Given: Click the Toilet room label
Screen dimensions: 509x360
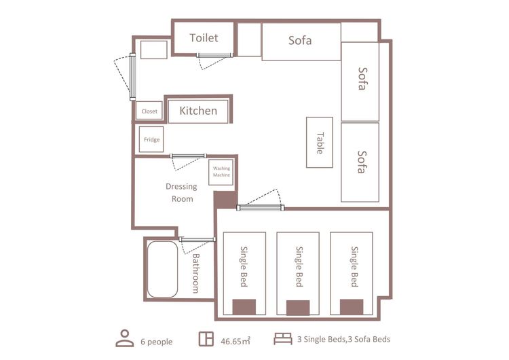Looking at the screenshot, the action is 204,38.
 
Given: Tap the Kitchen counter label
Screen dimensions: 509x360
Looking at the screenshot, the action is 198,111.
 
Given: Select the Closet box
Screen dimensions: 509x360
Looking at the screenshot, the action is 149,111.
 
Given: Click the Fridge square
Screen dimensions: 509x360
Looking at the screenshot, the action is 151,139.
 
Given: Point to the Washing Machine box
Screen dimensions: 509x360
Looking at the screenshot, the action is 221,173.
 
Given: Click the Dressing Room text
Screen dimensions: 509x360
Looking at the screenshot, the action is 182,193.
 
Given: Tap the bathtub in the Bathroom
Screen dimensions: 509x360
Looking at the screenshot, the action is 162,269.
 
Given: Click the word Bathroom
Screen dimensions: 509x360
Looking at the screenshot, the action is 195,273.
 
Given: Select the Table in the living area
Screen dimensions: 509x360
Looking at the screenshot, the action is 320,143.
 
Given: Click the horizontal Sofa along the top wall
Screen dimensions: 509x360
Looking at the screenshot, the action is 301,41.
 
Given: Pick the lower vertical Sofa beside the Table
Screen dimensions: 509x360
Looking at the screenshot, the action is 360,162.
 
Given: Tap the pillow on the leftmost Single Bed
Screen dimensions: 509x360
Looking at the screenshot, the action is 244,307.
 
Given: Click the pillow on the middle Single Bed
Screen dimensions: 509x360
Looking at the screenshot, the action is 298,308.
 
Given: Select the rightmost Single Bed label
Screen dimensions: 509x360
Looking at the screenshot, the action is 354,267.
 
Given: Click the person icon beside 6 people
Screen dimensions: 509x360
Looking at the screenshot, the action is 125,338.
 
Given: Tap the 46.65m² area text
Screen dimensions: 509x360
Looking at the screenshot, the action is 235,341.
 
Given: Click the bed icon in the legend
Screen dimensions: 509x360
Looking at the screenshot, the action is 283,338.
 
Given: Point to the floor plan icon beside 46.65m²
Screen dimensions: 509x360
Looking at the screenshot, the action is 206,338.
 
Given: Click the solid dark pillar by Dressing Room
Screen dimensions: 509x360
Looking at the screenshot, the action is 225,200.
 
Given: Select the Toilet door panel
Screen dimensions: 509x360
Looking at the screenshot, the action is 214,56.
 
